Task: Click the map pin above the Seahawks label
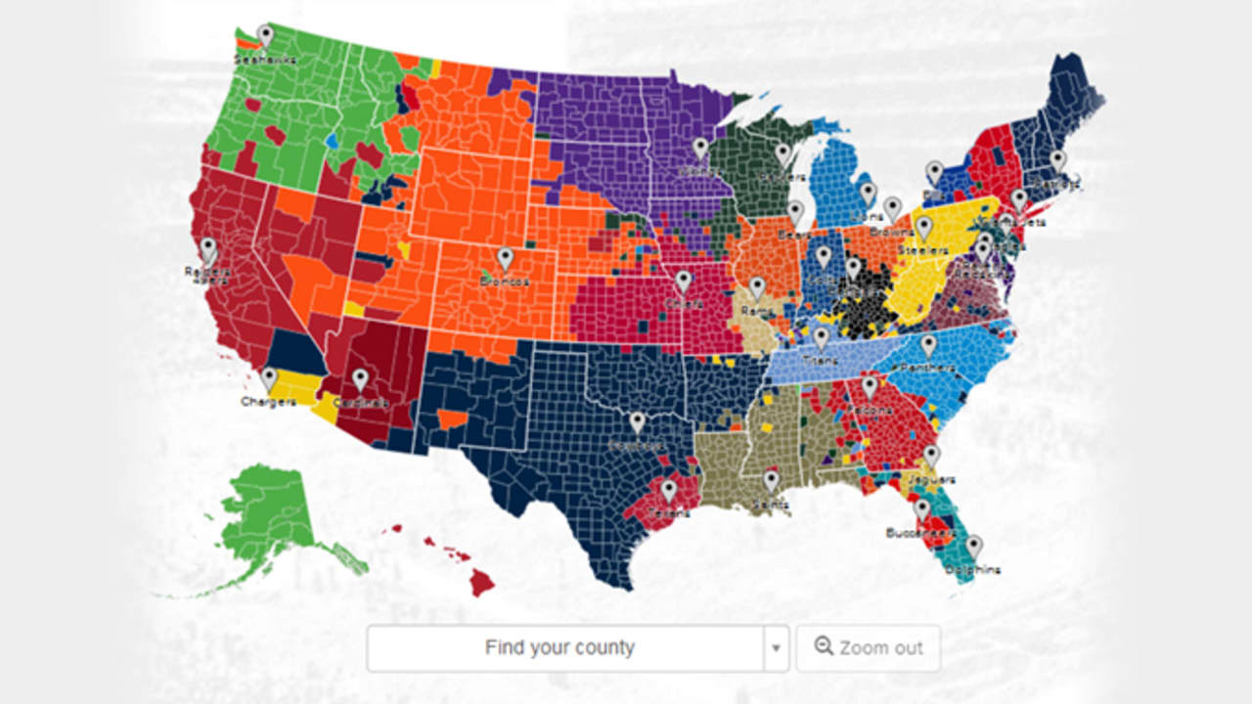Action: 265,35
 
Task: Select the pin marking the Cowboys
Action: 638,422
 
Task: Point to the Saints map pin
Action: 771,479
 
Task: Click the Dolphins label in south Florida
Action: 972,569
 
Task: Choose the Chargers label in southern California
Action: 267,401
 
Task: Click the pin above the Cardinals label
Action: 360,378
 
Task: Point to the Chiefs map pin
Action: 683,282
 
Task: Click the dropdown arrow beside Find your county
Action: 776,648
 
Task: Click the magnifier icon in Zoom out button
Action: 824,646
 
